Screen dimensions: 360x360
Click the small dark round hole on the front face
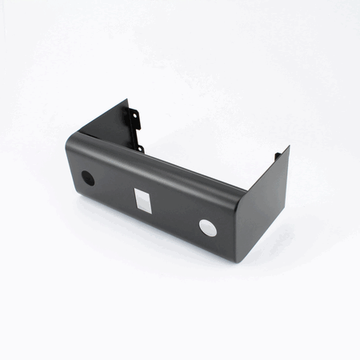click(x=88, y=178)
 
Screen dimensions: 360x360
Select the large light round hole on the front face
click(x=208, y=227)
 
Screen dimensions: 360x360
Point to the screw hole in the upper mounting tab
click(x=134, y=119)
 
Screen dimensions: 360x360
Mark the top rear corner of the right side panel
click(x=288, y=147)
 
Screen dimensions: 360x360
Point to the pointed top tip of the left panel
click(x=127, y=100)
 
